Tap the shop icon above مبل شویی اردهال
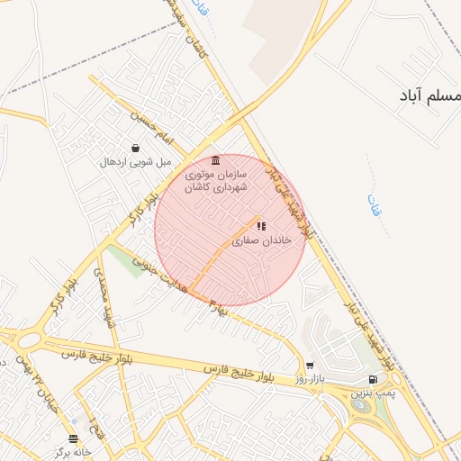135,149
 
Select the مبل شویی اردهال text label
135,163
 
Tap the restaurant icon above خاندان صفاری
260,226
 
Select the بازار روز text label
308,381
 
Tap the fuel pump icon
374,380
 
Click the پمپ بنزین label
373,394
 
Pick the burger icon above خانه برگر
73,438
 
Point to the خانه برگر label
72,452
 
